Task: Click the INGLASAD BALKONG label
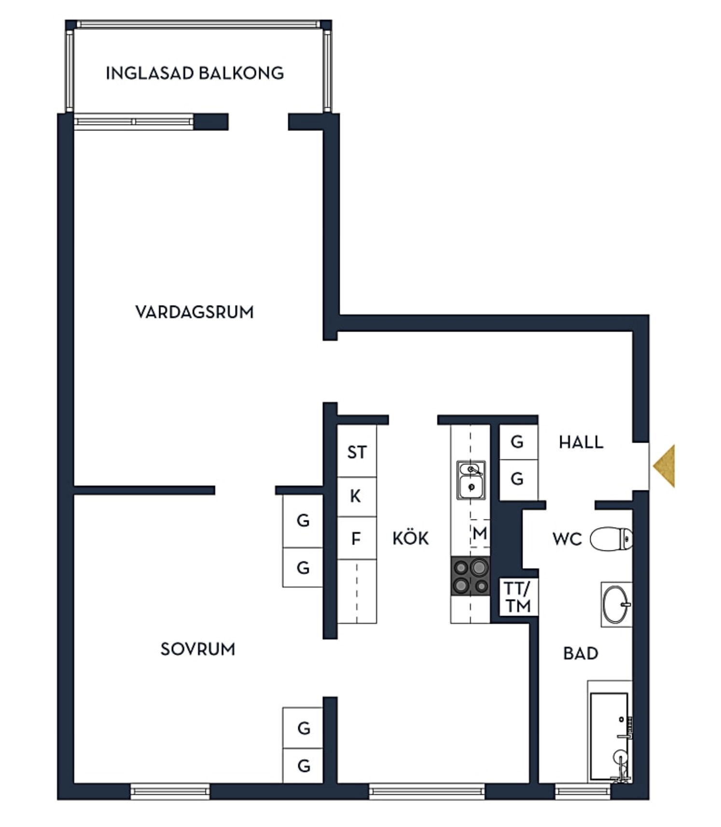194,73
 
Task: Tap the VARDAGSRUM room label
194,312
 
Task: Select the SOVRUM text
198,649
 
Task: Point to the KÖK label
411,537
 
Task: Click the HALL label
581,442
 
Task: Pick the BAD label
581,654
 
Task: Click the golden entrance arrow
665,466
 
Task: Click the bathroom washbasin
616,604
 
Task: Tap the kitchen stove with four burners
471,576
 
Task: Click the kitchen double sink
471,480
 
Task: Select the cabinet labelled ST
357,451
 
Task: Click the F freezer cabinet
357,538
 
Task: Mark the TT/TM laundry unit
518,597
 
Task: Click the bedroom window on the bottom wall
170,791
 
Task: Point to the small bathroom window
583,791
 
